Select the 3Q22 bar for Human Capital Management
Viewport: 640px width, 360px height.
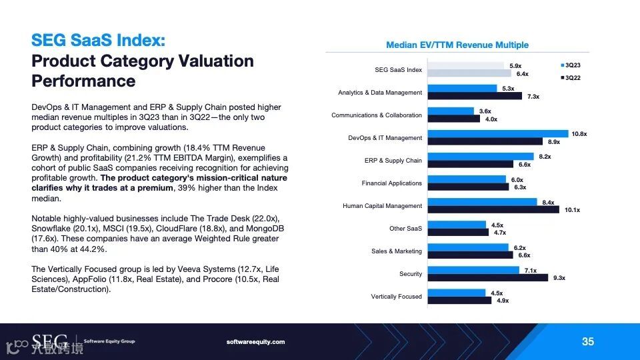coord(493,209)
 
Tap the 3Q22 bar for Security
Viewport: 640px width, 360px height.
coord(487,277)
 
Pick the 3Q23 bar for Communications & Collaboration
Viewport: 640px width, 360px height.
coord(451,111)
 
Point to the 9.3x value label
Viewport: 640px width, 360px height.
coord(558,277)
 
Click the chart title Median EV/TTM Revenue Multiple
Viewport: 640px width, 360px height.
coord(457,45)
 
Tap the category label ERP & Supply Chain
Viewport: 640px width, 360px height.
coord(393,161)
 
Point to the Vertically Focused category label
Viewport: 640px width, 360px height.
coord(397,297)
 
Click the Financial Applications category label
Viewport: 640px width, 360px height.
coord(392,183)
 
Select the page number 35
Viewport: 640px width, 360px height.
coord(587,341)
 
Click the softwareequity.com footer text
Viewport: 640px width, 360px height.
coord(256,342)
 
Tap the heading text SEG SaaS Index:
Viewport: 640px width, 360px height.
coord(98,40)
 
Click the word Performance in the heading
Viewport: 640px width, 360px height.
coord(83,81)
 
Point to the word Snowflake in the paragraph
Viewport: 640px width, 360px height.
coord(52,228)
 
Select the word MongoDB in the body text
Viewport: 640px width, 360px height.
coord(266,228)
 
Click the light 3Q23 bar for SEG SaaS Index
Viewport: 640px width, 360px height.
coord(465,66)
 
